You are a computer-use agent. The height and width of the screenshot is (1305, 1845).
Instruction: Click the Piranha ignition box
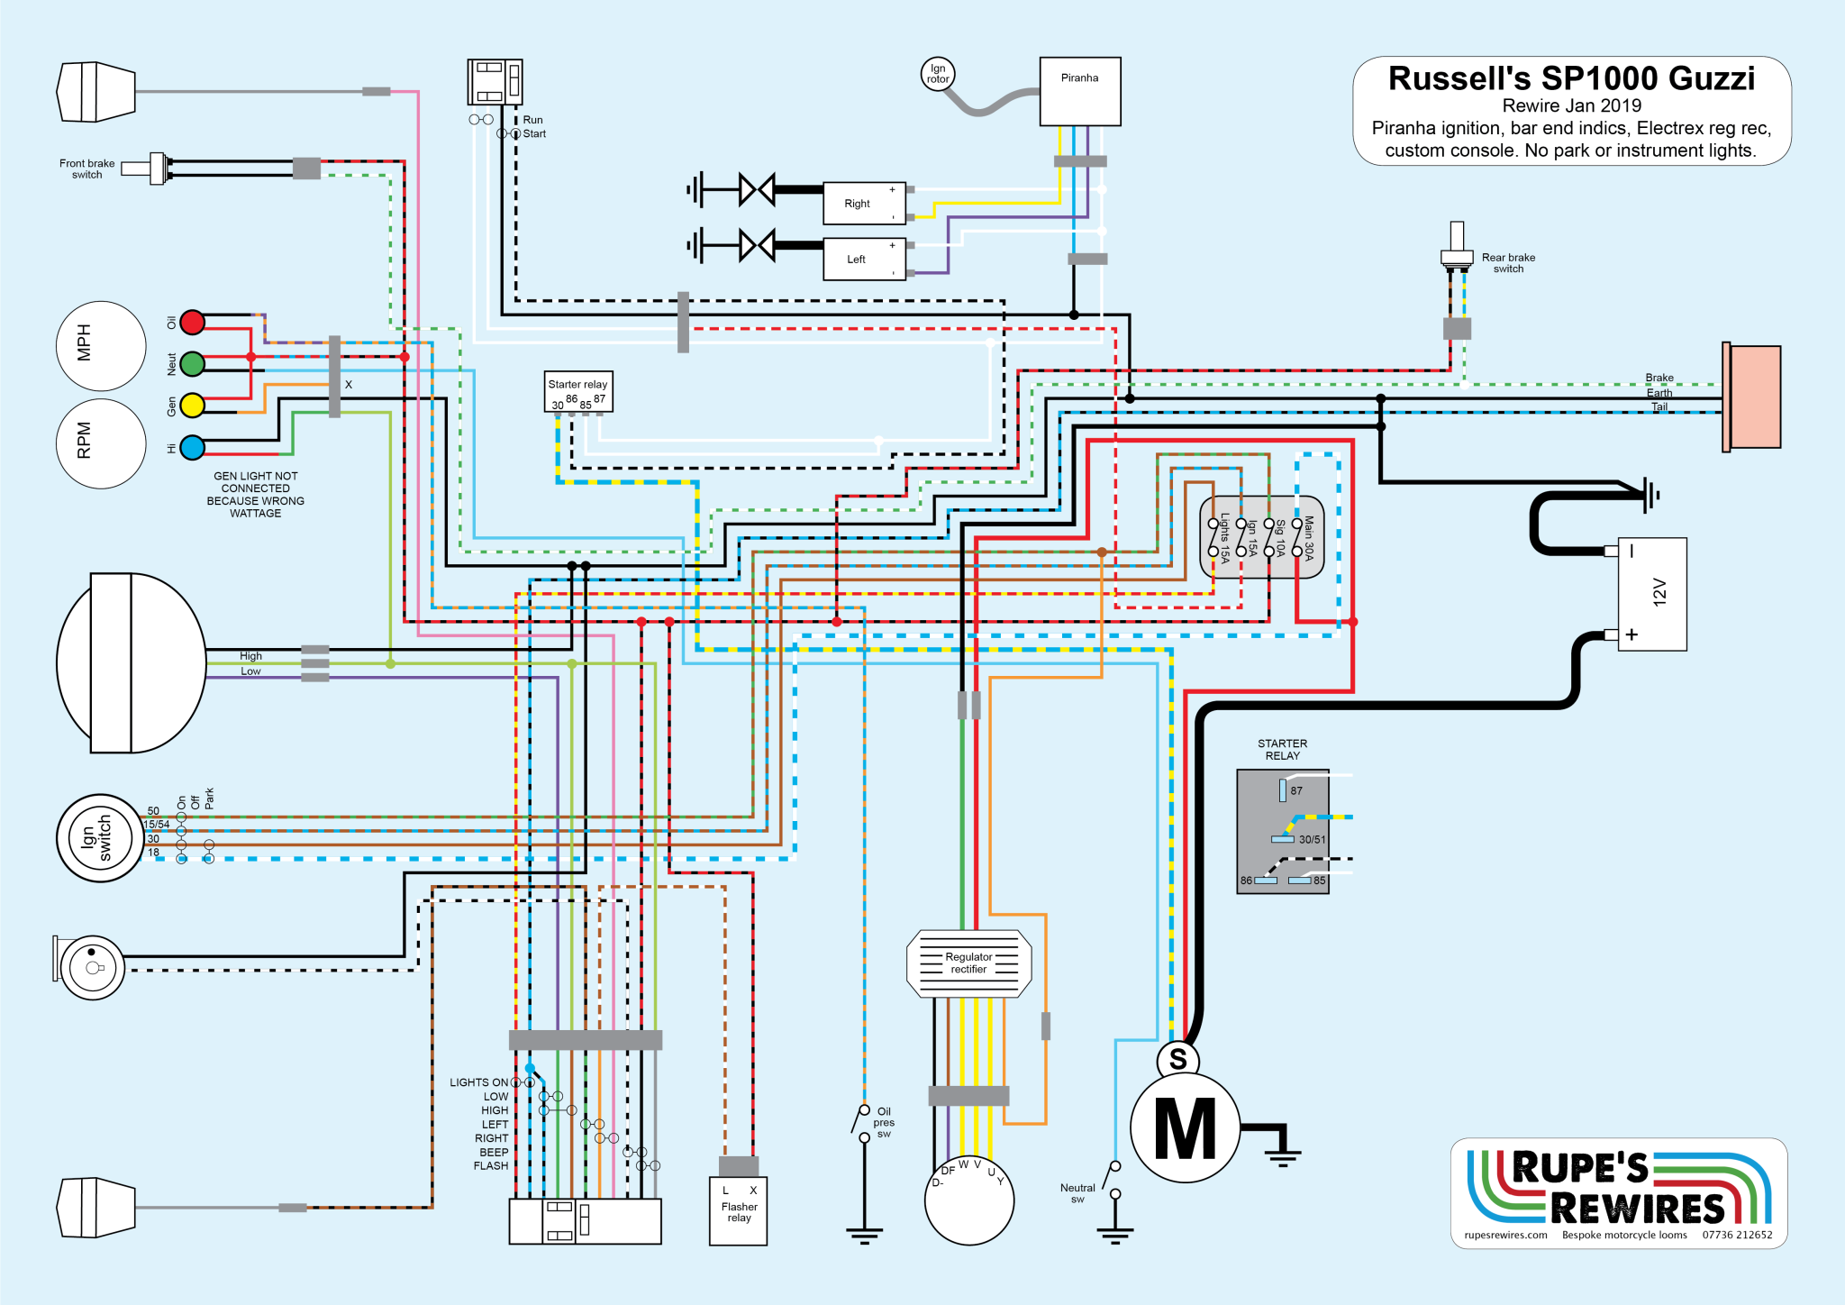[1079, 91]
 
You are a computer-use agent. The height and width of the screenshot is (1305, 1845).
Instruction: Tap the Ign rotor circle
[938, 74]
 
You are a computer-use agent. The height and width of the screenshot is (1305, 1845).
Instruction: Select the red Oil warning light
[192, 322]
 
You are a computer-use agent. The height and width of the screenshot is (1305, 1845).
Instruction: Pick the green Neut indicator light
[192, 363]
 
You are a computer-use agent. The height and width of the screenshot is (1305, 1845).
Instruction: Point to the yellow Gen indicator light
[192, 406]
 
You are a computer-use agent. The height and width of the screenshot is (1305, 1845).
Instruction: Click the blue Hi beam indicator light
[192, 447]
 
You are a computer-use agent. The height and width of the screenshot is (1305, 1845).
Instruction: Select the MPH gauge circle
[101, 345]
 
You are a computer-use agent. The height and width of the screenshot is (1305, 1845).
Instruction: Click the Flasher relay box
[738, 1210]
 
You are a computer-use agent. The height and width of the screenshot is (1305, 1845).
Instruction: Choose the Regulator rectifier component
[968, 963]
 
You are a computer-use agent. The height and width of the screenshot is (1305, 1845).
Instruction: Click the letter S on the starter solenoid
[1177, 1059]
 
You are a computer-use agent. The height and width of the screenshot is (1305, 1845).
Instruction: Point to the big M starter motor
[1185, 1128]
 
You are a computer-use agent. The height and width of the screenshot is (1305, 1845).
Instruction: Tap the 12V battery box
[1652, 594]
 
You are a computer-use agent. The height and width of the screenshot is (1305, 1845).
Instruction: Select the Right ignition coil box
[864, 204]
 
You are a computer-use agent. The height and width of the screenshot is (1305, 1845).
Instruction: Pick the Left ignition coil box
[864, 260]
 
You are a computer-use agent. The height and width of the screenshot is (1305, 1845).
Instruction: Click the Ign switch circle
[100, 837]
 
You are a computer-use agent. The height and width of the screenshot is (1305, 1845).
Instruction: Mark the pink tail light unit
[1753, 397]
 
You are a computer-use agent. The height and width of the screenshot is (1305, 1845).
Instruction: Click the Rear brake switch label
[1508, 262]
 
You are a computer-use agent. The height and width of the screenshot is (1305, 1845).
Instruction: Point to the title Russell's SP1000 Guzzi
[1571, 79]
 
